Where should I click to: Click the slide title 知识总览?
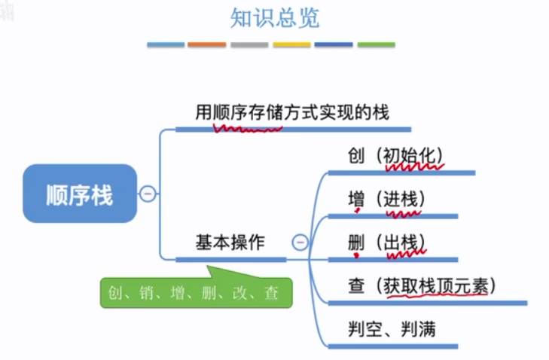coord(274,18)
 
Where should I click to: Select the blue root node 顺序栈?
coord(79,194)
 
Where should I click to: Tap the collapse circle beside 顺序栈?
coord(148,194)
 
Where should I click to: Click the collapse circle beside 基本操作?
coord(300,242)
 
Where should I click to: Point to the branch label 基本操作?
coord(230,243)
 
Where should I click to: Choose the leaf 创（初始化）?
coord(395,156)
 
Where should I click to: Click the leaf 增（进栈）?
coord(386,200)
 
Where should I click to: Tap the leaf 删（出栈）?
coord(386,243)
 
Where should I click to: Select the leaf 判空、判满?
coord(391,328)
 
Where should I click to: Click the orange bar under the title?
coord(207,45)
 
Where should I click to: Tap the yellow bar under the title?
coord(291,45)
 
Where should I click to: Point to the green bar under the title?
coord(376,45)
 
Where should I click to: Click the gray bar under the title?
coord(249,45)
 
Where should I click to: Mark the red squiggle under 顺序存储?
coord(248,128)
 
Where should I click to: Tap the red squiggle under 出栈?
coord(407,255)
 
